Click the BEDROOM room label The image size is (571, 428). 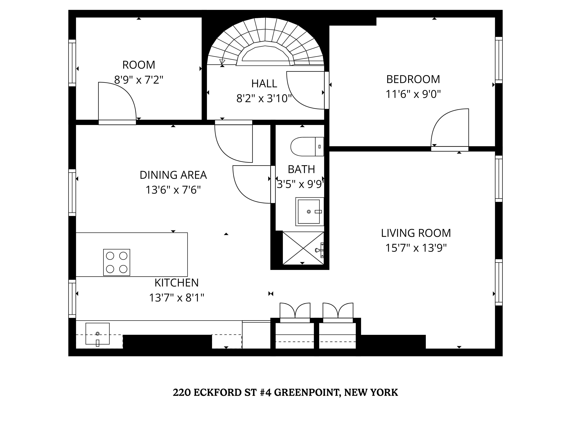[x=413, y=79]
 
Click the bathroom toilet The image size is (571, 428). [x=307, y=147]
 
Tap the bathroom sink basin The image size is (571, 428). [x=309, y=212]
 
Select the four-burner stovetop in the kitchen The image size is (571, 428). [x=117, y=262]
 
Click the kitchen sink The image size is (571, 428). [x=98, y=334]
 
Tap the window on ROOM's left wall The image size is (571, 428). [x=72, y=63]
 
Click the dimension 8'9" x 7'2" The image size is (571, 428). [x=139, y=80]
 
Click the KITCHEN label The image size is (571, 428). [x=177, y=283]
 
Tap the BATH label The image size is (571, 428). [x=301, y=169]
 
